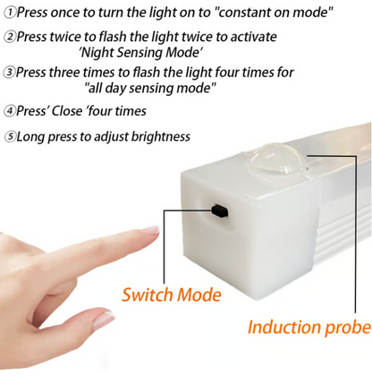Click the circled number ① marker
[x=7, y=13]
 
